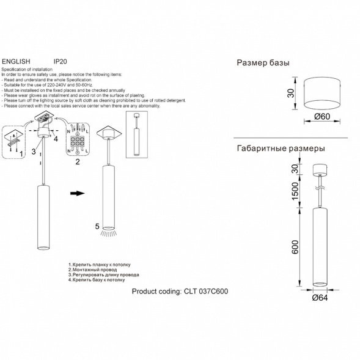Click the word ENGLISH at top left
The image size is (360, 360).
point(16,62)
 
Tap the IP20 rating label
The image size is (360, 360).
point(60,62)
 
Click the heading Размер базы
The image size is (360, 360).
point(263,63)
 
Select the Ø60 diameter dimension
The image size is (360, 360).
point(322,117)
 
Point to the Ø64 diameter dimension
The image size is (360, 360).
point(320,298)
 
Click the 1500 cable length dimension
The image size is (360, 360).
point(295,191)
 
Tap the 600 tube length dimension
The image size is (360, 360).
point(295,247)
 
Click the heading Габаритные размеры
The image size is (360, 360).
point(281,149)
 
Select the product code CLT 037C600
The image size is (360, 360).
point(206,292)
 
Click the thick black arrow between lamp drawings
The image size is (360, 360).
point(78,193)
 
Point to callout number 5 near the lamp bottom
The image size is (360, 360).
point(97,226)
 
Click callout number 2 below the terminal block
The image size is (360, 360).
point(78,162)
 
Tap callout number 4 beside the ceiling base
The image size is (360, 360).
point(56,139)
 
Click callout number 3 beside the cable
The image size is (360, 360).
point(34,152)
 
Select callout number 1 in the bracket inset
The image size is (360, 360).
point(21,154)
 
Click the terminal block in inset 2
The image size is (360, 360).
point(78,141)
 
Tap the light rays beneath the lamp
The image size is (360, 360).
point(108,233)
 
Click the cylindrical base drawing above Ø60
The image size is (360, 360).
point(322,94)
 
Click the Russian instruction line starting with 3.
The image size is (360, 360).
point(103,275)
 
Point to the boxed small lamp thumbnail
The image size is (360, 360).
point(137,134)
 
